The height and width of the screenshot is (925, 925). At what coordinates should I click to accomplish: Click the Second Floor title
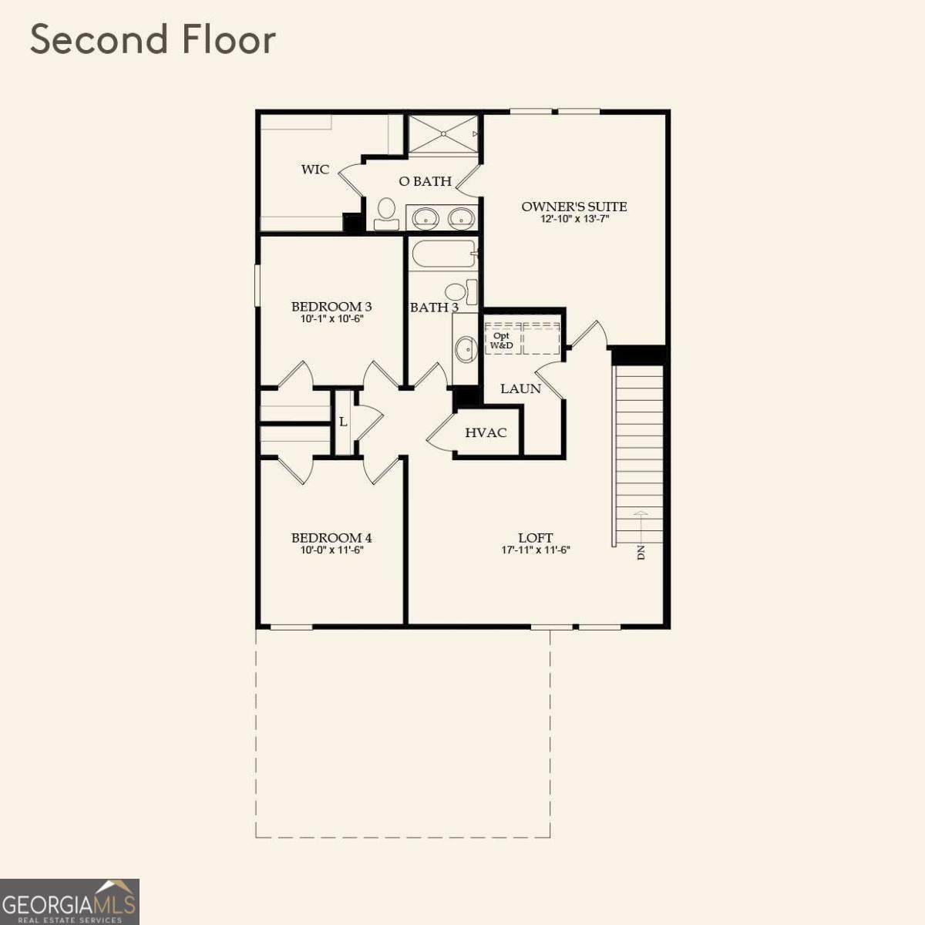click(153, 39)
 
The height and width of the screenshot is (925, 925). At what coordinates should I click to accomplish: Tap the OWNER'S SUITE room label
click(574, 207)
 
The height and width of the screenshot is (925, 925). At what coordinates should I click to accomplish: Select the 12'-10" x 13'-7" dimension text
click(574, 220)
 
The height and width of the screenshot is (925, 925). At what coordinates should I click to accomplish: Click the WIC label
click(315, 169)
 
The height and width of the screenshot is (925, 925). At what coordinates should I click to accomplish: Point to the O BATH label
click(425, 181)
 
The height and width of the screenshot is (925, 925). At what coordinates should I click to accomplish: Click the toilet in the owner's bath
click(386, 214)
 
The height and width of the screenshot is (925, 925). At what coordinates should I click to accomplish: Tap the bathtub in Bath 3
click(442, 255)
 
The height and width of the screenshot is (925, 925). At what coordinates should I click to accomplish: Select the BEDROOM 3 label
click(331, 306)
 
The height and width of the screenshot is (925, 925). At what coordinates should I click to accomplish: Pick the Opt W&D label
click(501, 341)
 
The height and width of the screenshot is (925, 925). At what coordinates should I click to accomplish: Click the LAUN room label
click(521, 388)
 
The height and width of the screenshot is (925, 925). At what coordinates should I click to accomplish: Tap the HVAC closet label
click(486, 432)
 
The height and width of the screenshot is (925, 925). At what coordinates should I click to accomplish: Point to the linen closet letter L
click(343, 422)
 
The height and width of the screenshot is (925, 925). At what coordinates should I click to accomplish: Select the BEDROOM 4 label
click(331, 537)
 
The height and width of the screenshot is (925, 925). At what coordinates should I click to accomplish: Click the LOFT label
click(536, 537)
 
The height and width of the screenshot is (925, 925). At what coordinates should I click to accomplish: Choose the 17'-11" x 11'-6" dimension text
click(536, 550)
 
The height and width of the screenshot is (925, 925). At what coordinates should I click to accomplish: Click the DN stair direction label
click(641, 553)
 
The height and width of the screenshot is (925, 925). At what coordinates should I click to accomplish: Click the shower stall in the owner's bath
click(443, 133)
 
